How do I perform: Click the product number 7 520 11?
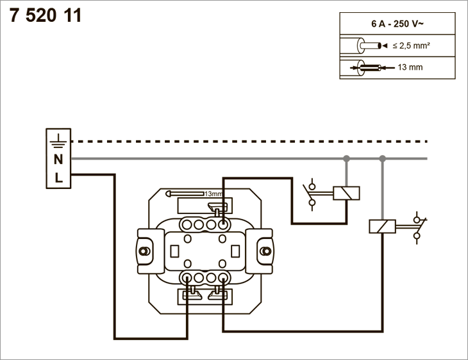[46, 15]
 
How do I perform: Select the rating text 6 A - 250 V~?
[397, 24]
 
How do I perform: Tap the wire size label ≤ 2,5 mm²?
[412, 45]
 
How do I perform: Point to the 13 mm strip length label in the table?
[410, 67]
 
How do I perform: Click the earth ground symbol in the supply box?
[58, 141]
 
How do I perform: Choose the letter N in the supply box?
[58, 160]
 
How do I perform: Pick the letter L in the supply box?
[58, 178]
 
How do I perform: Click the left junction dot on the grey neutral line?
[346, 158]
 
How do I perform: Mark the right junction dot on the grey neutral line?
[382, 158]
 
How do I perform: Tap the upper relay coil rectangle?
[346, 193]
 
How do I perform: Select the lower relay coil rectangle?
[382, 226]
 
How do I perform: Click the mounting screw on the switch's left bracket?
[145, 251]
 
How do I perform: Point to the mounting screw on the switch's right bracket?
[265, 251]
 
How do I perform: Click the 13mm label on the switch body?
[213, 193]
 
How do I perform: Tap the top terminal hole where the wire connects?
[222, 224]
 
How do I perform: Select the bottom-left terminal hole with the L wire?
[187, 278]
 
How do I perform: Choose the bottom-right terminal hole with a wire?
[222, 278]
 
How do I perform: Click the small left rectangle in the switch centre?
[174, 251]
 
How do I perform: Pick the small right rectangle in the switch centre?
[235, 251]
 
